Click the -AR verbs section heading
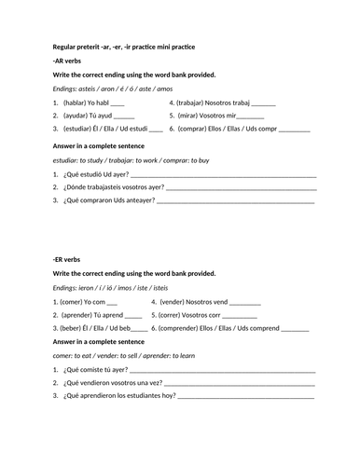(67, 60)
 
